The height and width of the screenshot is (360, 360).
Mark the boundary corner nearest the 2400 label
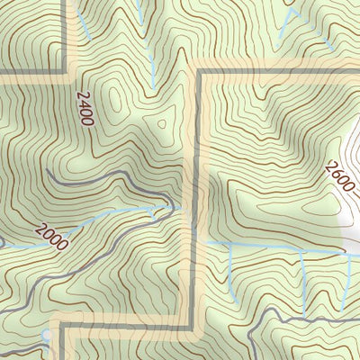(66, 71)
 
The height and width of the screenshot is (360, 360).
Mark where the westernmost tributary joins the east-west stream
(230, 245)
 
